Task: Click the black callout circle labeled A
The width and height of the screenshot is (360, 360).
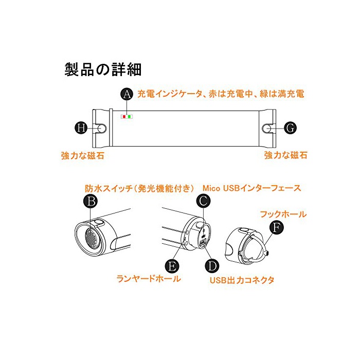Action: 127,94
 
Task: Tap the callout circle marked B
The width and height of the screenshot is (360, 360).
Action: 91,201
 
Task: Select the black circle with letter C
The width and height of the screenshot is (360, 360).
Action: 204,201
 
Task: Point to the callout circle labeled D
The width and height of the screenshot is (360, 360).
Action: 212,266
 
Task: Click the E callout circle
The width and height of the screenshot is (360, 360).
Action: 172,266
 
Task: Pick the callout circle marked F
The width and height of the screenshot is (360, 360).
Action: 277,227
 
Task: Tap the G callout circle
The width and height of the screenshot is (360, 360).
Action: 290,128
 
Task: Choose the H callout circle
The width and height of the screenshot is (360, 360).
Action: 81,128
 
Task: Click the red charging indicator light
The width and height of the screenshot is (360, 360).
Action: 124,117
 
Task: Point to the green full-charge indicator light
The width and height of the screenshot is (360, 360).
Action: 129,117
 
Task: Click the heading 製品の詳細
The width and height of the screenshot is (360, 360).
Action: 103,69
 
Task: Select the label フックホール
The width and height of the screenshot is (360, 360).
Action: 283,214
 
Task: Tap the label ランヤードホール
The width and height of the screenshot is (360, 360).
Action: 149,279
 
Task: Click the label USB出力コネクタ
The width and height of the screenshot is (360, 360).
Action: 242,280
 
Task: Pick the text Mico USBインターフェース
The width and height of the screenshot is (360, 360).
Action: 251,188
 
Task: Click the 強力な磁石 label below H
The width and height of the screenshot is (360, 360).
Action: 83,156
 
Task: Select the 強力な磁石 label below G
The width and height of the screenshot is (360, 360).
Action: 285,155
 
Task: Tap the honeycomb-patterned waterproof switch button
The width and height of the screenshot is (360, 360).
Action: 93,238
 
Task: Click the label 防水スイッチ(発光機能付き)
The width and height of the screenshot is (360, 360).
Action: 139,189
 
